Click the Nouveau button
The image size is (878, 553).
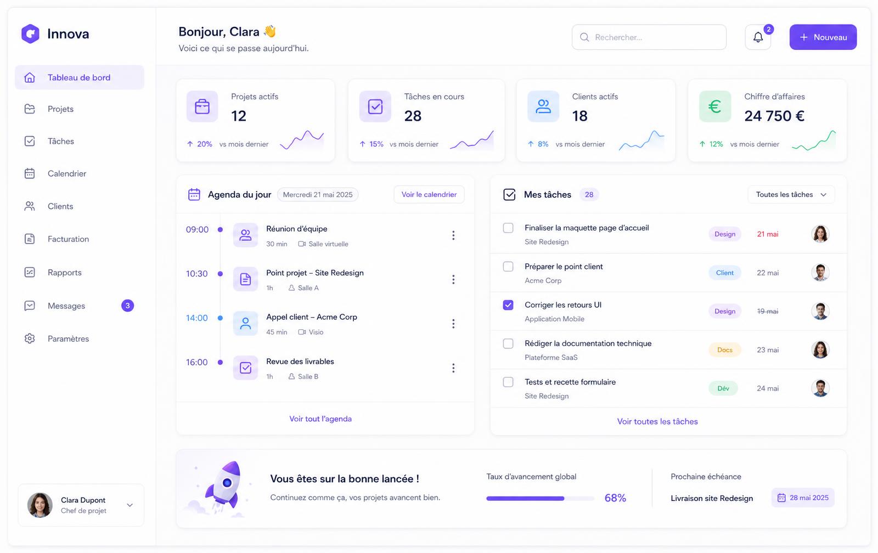(823, 37)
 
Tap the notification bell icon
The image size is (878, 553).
(758, 37)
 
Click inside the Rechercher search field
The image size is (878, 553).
(649, 37)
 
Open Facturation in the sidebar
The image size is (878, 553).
(68, 239)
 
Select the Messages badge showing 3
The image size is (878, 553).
(127, 306)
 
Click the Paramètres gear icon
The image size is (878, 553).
(30, 338)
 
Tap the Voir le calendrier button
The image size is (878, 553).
(429, 194)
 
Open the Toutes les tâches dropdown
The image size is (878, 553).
(791, 194)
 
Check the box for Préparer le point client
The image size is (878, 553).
(508, 267)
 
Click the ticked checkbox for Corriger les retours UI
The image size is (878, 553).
(508, 305)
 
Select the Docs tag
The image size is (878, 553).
(724, 349)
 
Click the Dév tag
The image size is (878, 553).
(723, 388)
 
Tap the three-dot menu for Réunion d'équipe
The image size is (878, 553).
(453, 235)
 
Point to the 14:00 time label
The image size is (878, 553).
(197, 318)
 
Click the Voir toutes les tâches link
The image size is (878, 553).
(657, 421)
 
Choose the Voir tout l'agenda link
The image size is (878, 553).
(320, 419)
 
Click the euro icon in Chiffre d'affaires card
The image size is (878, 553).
(715, 106)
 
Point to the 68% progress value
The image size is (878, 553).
(615, 498)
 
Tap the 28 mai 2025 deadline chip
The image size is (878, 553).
(803, 498)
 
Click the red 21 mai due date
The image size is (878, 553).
(768, 234)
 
